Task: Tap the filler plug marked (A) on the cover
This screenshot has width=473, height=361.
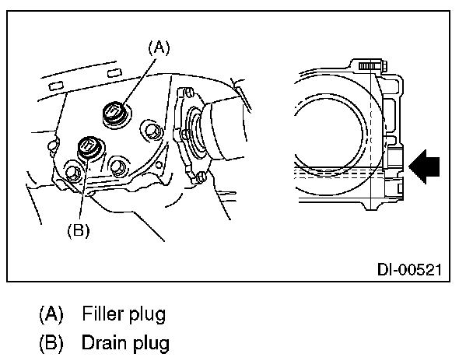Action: tap(113, 115)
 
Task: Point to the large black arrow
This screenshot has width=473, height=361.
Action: tap(424, 166)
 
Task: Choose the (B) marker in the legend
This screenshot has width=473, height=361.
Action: tap(52, 342)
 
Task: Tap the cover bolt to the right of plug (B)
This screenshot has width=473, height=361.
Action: tap(119, 166)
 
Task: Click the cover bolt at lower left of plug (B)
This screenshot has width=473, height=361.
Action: tap(73, 174)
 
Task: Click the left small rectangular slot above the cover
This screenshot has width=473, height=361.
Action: tap(56, 82)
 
